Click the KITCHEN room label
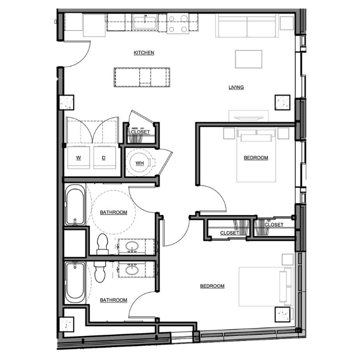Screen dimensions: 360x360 tap(143, 52)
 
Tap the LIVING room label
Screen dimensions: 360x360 tap(236, 87)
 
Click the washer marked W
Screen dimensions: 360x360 tap(79, 157)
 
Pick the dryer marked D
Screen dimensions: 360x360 tap(104, 157)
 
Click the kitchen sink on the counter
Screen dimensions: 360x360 tap(145, 22)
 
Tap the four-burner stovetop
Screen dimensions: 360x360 tap(178, 24)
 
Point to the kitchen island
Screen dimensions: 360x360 tap(142, 77)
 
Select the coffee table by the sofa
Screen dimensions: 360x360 tap(248, 59)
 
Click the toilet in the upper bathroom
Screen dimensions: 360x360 tap(103, 244)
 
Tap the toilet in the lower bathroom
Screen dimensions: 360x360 tap(100, 272)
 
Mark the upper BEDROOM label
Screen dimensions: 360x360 tap(256, 158)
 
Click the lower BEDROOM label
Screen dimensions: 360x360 tap(212, 286)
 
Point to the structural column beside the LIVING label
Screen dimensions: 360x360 tap(283, 102)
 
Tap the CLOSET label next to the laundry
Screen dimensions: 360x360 tap(140, 132)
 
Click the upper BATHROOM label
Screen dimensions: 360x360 tap(114, 212)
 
